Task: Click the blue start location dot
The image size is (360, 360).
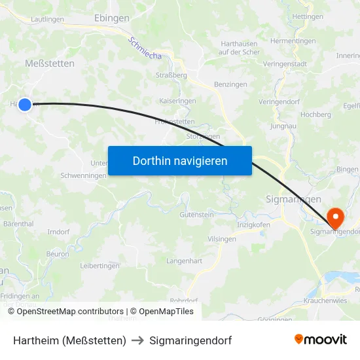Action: coord(25,104)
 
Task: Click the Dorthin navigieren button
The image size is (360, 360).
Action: coord(180,160)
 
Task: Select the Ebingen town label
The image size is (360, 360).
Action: coord(112,18)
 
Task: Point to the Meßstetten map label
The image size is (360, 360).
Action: coord(49,63)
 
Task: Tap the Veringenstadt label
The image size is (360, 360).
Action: coord(285,64)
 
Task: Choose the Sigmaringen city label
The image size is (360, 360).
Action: coord(294,198)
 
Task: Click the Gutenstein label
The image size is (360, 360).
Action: coord(197,215)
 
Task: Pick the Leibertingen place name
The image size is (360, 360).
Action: coord(99,266)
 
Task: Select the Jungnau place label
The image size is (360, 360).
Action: coord(283,126)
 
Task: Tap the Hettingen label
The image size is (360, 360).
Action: coord(308,16)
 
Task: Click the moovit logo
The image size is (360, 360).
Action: coord(321,340)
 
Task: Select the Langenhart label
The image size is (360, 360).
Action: coord(185,261)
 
